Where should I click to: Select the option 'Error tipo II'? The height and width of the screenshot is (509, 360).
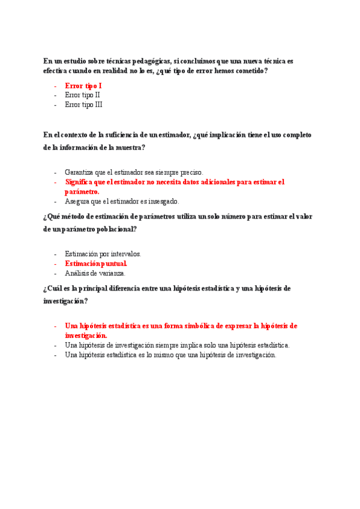[82, 95]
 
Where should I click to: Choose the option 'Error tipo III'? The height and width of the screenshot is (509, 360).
[83, 104]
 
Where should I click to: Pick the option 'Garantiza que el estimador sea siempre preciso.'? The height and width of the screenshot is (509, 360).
[134, 172]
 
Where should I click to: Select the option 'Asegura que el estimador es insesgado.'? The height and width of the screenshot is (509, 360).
[122, 202]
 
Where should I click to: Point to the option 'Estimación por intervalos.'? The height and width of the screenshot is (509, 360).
[103, 254]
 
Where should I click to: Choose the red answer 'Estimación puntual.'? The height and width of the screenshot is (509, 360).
[96, 264]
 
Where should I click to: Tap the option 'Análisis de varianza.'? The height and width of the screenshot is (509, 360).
[95, 273]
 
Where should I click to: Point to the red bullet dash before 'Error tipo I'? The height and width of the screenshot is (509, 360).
[55, 86]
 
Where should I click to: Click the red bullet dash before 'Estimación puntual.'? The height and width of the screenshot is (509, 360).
[55, 264]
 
